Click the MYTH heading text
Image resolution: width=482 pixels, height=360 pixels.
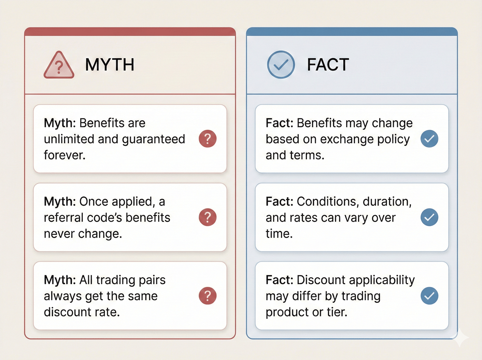click(109, 65)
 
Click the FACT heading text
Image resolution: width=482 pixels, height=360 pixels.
click(328, 65)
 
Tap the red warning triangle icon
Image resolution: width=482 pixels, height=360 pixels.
click(59, 65)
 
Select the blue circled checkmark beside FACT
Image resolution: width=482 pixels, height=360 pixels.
click(281, 65)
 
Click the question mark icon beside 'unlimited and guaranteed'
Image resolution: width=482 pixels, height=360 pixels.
click(208, 139)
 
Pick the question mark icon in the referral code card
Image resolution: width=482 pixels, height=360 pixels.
click(208, 217)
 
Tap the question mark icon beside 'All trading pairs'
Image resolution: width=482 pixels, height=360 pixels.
click(208, 296)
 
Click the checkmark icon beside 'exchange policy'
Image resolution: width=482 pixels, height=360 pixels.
click(429, 139)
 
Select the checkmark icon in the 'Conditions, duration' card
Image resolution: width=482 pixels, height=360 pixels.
click(429, 217)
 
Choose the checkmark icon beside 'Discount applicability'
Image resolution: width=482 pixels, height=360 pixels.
click(429, 296)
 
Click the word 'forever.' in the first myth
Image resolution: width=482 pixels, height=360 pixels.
click(64, 155)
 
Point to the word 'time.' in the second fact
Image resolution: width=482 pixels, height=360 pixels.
click(279, 234)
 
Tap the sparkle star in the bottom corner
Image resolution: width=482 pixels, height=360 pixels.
click(460, 337)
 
